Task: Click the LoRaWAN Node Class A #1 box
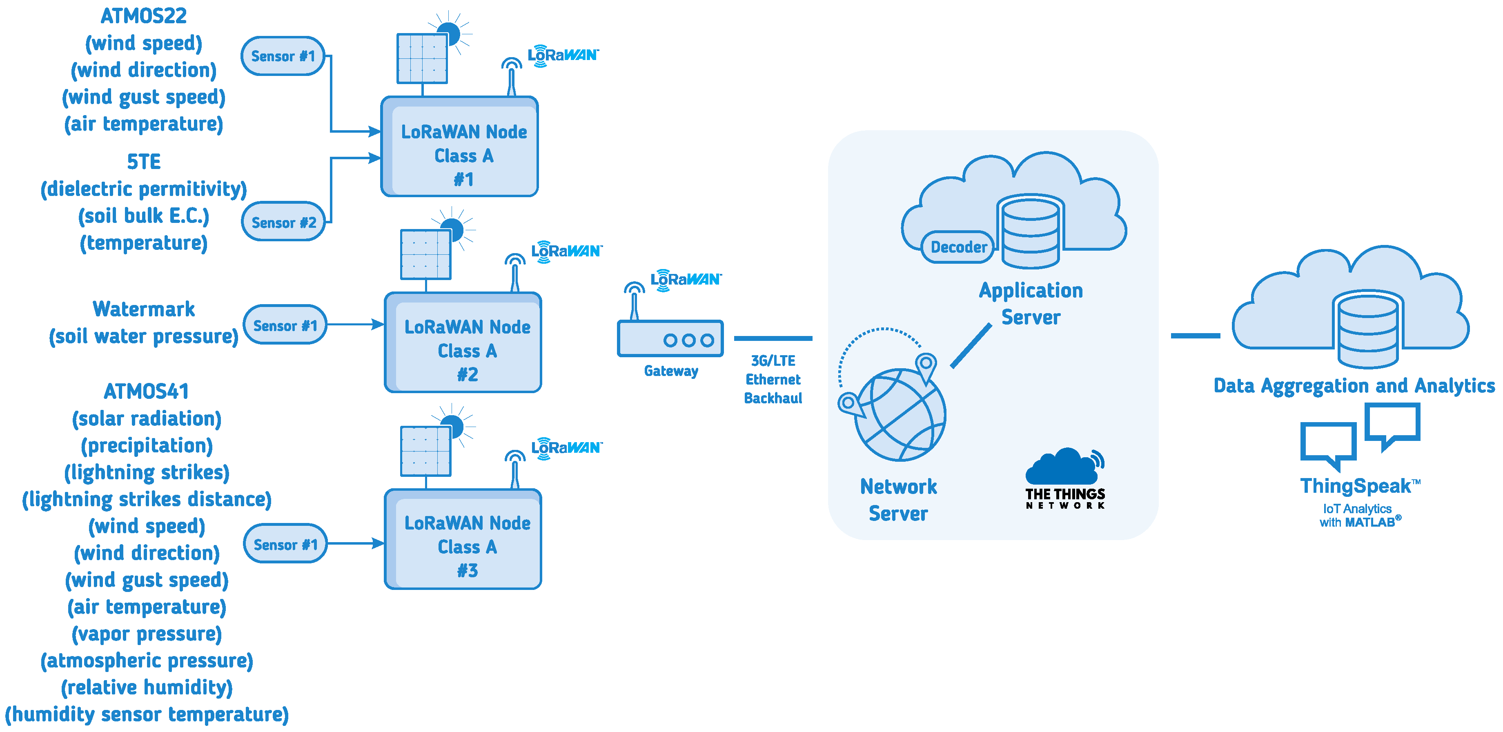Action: point(460,147)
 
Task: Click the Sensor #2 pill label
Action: point(283,222)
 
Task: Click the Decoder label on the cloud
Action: point(958,247)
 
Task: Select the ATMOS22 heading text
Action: point(144,16)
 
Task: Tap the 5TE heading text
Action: point(144,162)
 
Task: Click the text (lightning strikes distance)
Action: point(147,499)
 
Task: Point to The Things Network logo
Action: point(1065,479)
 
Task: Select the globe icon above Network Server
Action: point(899,414)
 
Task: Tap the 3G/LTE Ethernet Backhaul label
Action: point(773,379)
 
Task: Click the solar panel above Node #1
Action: point(422,58)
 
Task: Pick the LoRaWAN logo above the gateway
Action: point(686,279)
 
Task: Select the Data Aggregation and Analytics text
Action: point(1354,385)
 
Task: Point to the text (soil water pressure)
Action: point(144,336)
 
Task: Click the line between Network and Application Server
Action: point(971,346)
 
